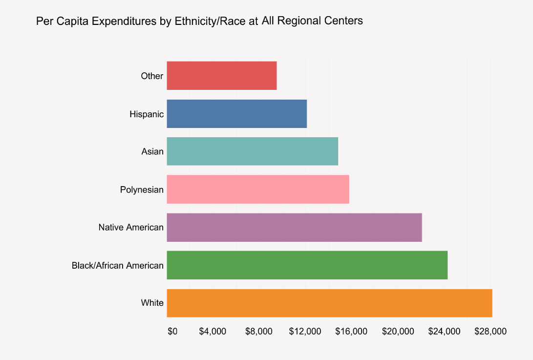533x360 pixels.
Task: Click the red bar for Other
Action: (222, 76)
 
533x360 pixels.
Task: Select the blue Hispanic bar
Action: (237, 114)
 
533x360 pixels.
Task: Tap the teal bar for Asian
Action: (253, 151)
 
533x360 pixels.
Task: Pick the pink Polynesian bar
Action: (258, 190)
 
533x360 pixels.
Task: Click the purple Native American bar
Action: (294, 228)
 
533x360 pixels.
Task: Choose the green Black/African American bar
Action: (307, 265)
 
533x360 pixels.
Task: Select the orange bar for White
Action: (329, 303)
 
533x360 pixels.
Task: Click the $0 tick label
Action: (172, 331)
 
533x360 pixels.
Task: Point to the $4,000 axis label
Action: (213, 331)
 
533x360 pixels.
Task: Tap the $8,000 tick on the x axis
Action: (258, 331)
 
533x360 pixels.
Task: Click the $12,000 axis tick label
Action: (305, 331)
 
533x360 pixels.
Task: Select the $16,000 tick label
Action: (351, 331)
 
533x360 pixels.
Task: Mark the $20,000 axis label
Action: (398, 331)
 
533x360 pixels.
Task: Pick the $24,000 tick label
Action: (444, 331)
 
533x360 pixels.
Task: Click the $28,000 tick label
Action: (490, 331)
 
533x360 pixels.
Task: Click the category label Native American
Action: (131, 228)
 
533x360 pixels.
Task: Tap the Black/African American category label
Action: (117, 266)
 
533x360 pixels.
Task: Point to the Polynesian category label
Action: (142, 190)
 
